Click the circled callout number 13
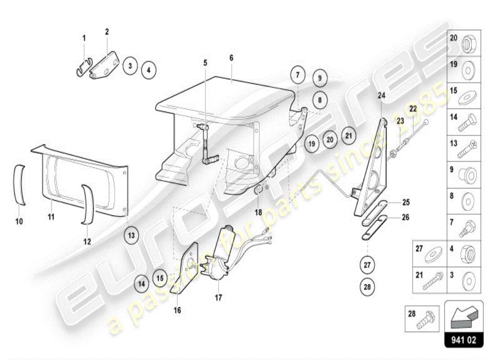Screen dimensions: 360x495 pos(130,235)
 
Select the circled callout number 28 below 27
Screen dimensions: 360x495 pos(367,286)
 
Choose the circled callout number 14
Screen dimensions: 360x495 pos(141,284)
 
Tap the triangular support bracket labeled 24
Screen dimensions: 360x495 pos(371,171)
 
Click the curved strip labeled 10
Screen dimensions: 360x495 pos(19,184)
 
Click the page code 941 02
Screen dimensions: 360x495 pos(464,340)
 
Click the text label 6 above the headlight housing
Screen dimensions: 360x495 pos(231,58)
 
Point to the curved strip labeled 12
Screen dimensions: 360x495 pos(86,203)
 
